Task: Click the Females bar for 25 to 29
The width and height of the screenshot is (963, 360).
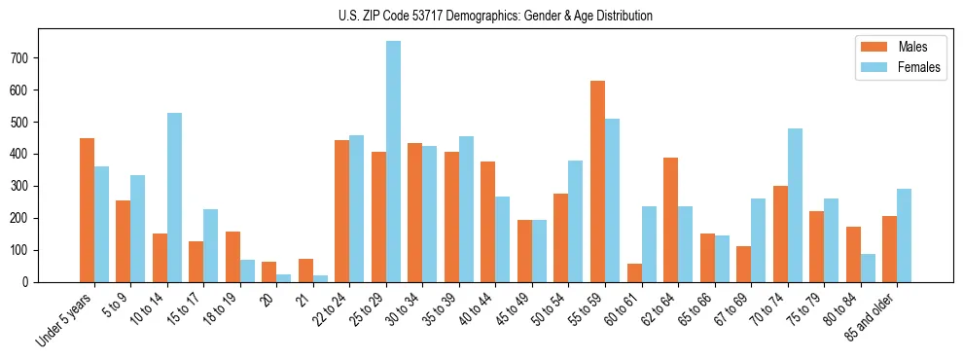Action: tap(393, 162)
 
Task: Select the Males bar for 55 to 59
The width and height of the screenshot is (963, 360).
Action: tap(597, 181)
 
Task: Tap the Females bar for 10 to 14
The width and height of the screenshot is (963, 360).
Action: tap(174, 198)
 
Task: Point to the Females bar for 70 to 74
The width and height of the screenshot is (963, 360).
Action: tap(795, 205)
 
